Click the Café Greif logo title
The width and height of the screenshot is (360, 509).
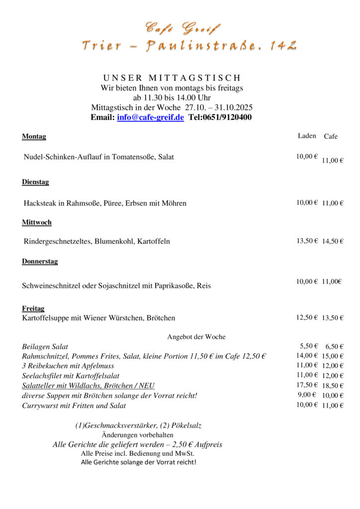pos(182,28)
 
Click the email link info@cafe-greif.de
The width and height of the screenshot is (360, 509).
pos(150,117)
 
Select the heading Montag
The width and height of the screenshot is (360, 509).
pos(34,137)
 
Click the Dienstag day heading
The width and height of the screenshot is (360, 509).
pos(35,182)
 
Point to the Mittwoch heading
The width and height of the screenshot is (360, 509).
pos(37,222)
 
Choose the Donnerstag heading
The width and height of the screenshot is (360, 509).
pos(40,261)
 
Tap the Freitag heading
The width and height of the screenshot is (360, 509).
pos(33,308)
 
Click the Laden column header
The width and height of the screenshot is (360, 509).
pos(307,136)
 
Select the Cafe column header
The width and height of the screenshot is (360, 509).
pos(331,136)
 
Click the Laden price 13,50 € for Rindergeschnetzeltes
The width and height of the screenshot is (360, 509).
pos(307,241)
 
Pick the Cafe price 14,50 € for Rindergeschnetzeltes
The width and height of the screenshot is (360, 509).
pos(332,241)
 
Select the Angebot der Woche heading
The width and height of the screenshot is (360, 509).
pos(196,337)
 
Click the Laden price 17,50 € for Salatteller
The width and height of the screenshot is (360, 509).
pos(307,385)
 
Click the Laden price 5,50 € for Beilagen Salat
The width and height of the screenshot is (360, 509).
pos(309,346)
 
